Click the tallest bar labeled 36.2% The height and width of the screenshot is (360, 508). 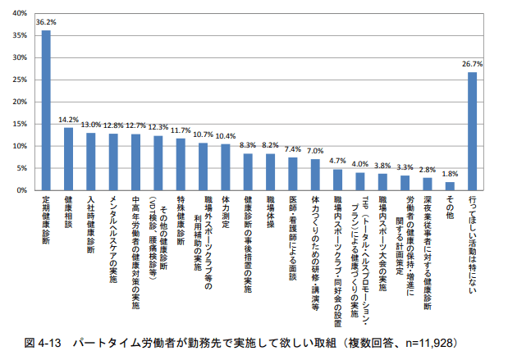pos(46,110)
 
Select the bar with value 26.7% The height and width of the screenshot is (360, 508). pos(472,131)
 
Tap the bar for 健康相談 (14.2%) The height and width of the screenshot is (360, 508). pos(68,159)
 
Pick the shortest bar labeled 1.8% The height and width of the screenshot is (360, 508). pos(449,186)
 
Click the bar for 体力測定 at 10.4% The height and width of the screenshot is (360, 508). pos(225,167)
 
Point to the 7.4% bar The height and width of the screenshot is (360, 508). pos(292,174)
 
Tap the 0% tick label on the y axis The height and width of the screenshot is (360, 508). pos(24,190)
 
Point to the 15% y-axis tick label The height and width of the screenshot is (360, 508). pos(21,124)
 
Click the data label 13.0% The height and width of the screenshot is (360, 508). pos(90,124)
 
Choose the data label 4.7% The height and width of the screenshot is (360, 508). pos(337,161)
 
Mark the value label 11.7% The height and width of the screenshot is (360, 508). pos(180,130)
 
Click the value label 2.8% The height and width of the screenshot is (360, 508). pos(427,169)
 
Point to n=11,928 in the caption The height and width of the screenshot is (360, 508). pos(438,341)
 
